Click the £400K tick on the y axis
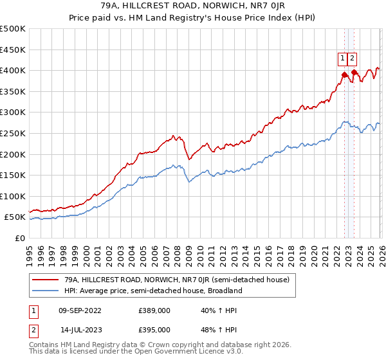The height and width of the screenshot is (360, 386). pyautogui.click(x=13, y=70)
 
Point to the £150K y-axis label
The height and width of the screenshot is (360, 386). pyautogui.click(x=13, y=175)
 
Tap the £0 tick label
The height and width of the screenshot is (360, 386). pyautogui.click(x=20, y=238)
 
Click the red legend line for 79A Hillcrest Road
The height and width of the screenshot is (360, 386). pyautogui.click(x=46, y=280)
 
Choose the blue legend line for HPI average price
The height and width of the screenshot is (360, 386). pyautogui.click(x=46, y=291)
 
